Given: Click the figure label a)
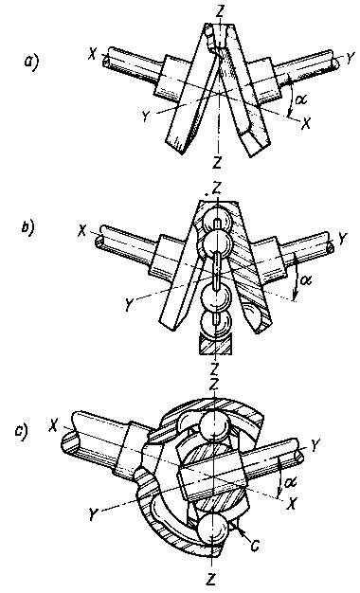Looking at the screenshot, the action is (31, 62).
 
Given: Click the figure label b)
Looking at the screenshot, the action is (27, 228).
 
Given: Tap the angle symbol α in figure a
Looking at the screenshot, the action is (301, 99).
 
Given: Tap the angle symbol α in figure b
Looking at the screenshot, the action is (305, 280).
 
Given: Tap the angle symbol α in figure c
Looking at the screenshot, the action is (291, 482).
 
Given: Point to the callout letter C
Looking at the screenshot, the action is (256, 546).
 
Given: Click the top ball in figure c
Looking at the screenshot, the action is (213, 422).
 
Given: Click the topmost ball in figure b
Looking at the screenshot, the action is (214, 224).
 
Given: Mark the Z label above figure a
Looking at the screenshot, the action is (220, 10).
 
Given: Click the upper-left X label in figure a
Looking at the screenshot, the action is (92, 55).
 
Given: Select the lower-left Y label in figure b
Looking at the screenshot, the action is (129, 305).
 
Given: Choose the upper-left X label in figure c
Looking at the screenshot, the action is (53, 426).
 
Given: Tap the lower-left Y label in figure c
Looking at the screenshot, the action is (93, 514).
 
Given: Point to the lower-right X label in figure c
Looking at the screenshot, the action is (292, 503).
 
